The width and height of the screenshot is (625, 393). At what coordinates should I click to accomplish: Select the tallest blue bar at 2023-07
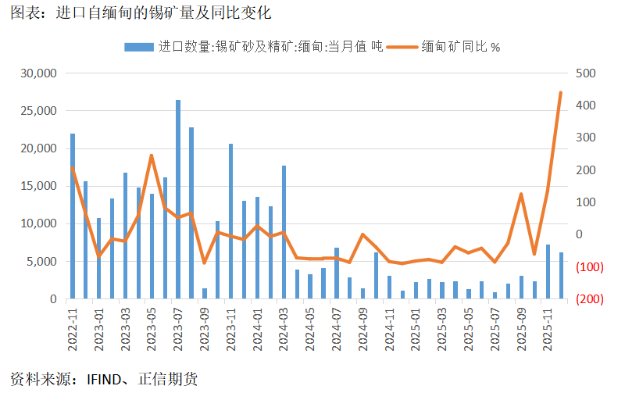tap(178, 199)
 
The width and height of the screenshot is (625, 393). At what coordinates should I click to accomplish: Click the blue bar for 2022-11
tap(73, 216)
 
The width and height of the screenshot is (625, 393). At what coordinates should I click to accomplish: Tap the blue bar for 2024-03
tap(284, 232)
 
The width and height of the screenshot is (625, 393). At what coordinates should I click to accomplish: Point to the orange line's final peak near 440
tap(560, 93)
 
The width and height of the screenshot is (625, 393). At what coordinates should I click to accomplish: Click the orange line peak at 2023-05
tap(152, 155)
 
